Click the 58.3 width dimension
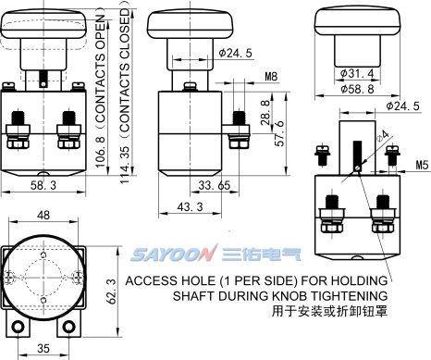point(43,185)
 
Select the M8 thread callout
point(271,76)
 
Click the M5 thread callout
point(423,165)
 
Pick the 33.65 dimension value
point(215,185)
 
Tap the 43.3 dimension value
point(191,206)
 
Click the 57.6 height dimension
point(279,133)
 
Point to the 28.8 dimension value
point(265,112)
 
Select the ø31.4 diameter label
point(357,73)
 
